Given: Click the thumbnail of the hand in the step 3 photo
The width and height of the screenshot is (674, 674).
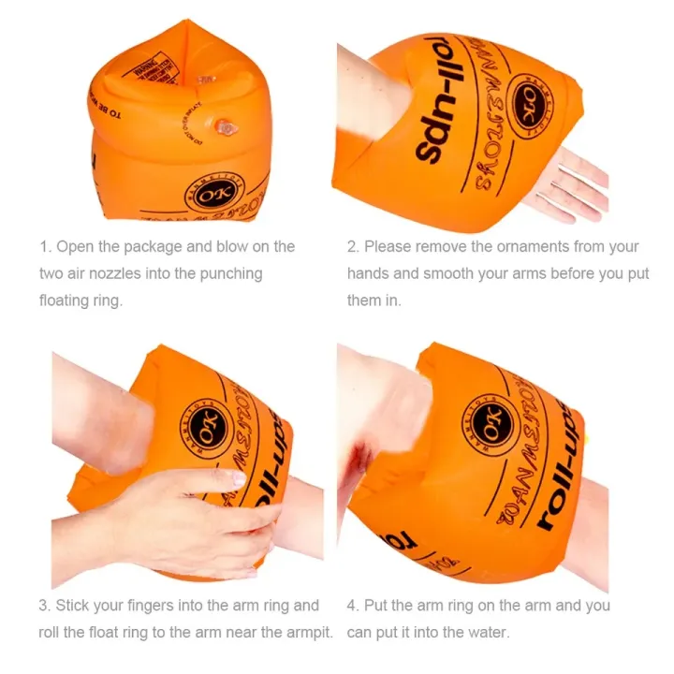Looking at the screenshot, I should pos(239,478).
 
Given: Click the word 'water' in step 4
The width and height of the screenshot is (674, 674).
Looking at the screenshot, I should pos(487,633).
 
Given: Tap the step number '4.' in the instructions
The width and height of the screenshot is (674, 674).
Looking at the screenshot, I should pos(353,606).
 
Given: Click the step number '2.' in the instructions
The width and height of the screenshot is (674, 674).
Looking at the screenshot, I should pos(353,247).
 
